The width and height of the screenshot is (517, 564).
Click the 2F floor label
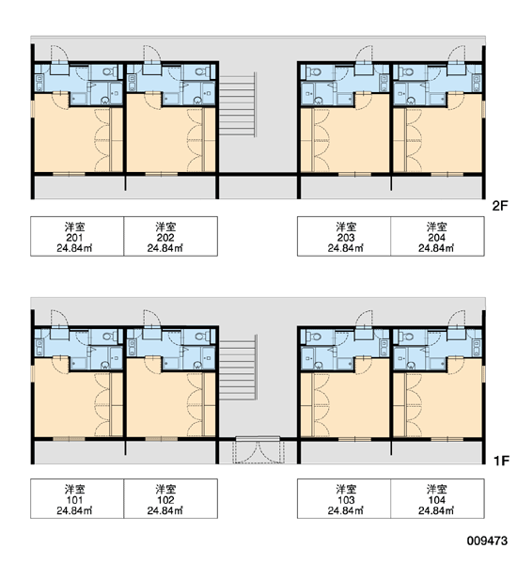[x=500, y=206]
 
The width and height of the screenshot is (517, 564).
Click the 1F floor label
[x=501, y=461]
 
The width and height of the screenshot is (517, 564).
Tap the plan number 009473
[x=487, y=540]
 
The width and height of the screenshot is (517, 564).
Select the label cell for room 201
[x=77, y=236]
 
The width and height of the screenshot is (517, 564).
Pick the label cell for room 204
[x=437, y=236]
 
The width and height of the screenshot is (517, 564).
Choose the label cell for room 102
[x=170, y=498]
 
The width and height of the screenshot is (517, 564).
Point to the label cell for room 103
[x=344, y=498]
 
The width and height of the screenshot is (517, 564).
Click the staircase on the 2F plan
[x=238, y=104]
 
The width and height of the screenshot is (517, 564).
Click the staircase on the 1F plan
[x=238, y=368]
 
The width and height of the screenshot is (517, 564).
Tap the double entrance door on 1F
[x=258, y=450]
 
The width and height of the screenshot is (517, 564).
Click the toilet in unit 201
[x=110, y=71]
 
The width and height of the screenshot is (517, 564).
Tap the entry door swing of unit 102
[x=151, y=319]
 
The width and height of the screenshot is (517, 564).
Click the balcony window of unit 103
[x=354, y=439]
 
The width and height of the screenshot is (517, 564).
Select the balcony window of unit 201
[x=69, y=175]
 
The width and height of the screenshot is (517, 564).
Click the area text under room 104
[x=436, y=510]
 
